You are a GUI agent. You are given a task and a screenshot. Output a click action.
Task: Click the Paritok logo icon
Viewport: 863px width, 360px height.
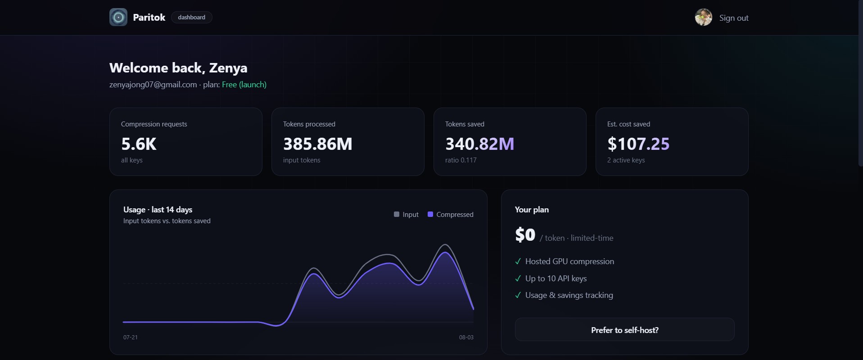[x=118, y=17]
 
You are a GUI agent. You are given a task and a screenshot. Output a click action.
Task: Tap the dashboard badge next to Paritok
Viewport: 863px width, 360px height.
[x=191, y=18]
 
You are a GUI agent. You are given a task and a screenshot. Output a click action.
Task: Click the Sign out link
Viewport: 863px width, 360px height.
[x=734, y=18]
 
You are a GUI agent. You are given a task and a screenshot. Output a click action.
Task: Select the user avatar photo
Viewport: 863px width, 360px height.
[x=703, y=17]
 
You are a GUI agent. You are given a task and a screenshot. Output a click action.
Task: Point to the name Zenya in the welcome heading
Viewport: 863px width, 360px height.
[x=228, y=68]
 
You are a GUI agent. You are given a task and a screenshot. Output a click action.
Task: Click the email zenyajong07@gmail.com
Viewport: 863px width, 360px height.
[x=153, y=85]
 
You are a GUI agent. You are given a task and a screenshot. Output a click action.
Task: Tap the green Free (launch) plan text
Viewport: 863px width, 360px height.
[x=244, y=85]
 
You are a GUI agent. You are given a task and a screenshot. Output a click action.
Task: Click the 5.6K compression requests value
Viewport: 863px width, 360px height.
[x=139, y=144]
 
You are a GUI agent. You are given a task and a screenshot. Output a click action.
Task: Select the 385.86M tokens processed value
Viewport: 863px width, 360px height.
[x=317, y=144]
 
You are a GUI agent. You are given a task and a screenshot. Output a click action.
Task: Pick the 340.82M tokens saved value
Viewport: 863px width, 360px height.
[x=479, y=144]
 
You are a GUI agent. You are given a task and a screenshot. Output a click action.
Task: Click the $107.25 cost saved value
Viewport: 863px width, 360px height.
[x=638, y=144]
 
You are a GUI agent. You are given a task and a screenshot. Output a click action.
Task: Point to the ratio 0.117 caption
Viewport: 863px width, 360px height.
[x=461, y=160]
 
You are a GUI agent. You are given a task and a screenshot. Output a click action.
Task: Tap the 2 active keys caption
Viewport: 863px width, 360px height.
[x=626, y=160]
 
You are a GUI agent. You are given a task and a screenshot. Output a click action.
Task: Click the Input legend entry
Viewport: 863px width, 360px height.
[x=406, y=215]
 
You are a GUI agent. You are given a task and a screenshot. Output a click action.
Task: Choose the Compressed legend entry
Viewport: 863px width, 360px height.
[x=450, y=215]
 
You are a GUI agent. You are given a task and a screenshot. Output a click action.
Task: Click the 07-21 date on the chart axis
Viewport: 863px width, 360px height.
[x=131, y=337]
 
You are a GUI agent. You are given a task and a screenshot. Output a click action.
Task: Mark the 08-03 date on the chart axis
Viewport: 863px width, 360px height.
[x=466, y=337]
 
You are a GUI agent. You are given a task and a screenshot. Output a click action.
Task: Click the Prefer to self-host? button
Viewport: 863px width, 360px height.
[x=625, y=329]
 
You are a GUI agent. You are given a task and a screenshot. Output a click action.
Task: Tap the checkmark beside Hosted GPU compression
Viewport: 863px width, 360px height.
[x=518, y=261]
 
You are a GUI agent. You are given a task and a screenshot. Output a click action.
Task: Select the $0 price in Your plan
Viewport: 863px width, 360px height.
[x=525, y=235]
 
